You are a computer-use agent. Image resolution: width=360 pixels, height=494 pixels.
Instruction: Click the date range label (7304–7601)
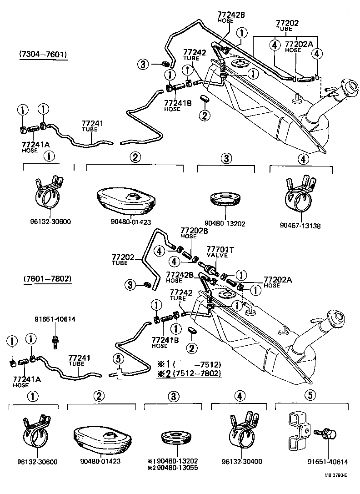click(x=43, y=55)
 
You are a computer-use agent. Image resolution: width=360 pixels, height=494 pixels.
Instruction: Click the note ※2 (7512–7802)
click(x=189, y=373)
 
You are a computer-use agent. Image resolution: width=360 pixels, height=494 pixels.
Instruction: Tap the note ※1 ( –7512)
click(x=189, y=364)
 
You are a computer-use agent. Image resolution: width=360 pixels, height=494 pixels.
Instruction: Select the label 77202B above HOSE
click(x=194, y=230)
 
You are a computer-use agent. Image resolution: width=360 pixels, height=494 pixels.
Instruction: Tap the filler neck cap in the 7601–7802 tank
click(x=339, y=317)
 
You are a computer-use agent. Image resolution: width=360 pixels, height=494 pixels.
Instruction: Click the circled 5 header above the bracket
click(x=310, y=395)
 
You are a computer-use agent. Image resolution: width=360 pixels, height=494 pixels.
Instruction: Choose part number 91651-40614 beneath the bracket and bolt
click(x=324, y=462)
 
